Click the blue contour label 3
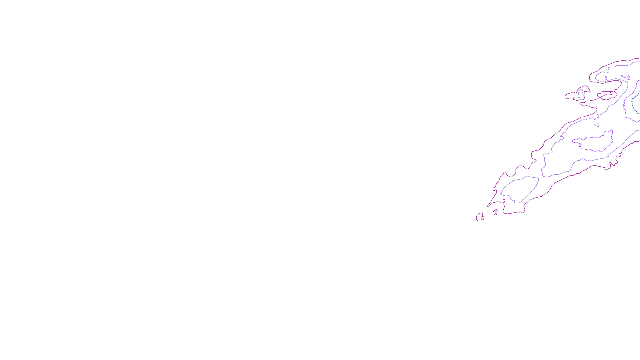click(632, 100)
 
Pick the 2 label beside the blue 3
click(624, 104)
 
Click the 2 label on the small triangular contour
click(628, 78)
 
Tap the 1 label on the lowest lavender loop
click(514, 202)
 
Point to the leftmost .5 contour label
click(482, 218)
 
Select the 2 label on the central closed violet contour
click(580, 145)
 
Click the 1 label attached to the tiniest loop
click(598, 125)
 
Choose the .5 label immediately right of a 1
click(620, 155)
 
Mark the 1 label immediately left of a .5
click(608, 155)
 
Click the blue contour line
click(634, 108)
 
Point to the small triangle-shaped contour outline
click(624, 76)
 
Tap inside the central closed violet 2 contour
click(596, 142)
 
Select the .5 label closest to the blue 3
click(611, 93)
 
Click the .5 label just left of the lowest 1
click(503, 201)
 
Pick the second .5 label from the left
click(495, 214)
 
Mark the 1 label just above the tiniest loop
click(598, 116)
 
